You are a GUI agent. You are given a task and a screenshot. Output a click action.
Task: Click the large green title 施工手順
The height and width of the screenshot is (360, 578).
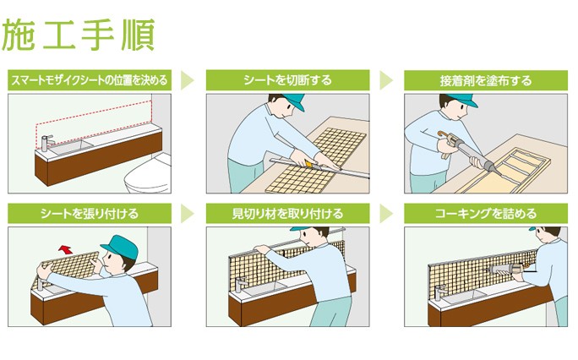[78, 35]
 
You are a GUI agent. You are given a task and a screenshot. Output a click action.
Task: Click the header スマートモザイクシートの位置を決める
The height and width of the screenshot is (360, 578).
[90, 80]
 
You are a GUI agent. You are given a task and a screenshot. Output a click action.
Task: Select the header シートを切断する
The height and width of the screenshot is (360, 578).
[287, 80]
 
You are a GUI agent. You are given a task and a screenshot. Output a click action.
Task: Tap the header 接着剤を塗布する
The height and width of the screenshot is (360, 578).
[486, 80]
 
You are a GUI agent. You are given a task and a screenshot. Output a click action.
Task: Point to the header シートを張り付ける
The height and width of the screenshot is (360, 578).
[90, 213]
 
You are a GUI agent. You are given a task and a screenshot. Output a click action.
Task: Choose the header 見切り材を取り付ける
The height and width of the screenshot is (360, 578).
[287, 213]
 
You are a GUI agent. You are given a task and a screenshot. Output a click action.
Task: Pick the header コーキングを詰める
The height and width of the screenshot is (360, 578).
[486, 213]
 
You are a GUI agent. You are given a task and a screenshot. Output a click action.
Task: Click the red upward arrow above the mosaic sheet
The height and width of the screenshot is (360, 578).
[66, 249]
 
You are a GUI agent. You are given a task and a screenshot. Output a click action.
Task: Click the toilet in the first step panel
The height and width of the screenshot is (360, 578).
[148, 174]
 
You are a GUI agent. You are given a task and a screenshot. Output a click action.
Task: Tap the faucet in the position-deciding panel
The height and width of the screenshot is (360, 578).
[46, 143]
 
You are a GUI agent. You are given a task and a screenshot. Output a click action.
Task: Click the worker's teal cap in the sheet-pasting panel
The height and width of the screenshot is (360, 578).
[121, 246]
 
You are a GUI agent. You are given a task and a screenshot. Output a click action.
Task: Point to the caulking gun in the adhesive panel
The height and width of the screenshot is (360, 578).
[467, 151]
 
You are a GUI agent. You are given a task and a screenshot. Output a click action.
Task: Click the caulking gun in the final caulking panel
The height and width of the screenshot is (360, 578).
[508, 269]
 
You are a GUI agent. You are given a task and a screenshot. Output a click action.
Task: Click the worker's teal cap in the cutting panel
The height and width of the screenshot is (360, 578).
[292, 101]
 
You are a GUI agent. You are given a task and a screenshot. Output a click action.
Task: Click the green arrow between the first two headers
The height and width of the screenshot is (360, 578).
[187, 80]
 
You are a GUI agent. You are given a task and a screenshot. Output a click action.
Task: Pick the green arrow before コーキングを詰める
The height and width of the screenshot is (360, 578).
[385, 213]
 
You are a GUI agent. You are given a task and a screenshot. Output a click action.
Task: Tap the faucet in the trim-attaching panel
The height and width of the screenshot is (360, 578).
[240, 285]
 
